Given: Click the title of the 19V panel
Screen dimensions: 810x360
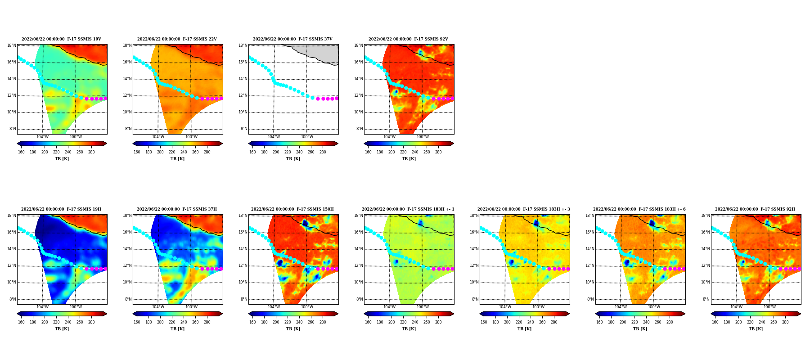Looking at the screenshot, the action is pos(61,39).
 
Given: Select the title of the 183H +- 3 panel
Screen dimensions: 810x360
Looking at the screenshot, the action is pos(523,209).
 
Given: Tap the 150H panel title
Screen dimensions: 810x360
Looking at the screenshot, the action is pos(292,209).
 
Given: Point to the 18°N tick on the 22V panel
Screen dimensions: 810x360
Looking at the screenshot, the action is pos(127,45).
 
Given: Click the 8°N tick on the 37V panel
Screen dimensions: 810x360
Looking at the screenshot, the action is pos(244,129).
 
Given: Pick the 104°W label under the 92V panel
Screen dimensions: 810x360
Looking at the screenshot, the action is pos(389,137).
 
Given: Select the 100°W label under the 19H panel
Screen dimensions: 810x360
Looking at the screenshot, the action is pos(76,307).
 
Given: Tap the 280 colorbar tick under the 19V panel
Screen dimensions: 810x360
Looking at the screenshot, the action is pos(91,152).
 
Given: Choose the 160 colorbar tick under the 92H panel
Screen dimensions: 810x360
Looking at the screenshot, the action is pos(715,322).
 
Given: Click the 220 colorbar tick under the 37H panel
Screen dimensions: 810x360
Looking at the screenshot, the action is pos(172,322).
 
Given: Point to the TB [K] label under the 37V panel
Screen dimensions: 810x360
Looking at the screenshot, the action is pos(293,159).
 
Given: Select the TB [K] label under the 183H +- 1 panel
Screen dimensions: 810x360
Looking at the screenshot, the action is pos(409,329).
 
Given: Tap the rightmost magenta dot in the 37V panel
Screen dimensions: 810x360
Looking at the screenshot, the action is pos(337,98).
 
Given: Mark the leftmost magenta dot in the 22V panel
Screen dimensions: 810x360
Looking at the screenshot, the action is pos(202,99).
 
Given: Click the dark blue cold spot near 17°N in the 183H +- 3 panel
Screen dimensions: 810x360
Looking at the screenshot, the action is pos(536,223).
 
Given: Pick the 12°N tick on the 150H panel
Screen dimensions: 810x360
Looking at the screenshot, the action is pos(243,265).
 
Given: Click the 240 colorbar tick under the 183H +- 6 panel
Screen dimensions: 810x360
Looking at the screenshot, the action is pos(646,322).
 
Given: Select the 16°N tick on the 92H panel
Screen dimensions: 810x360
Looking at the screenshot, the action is pos(706,232).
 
